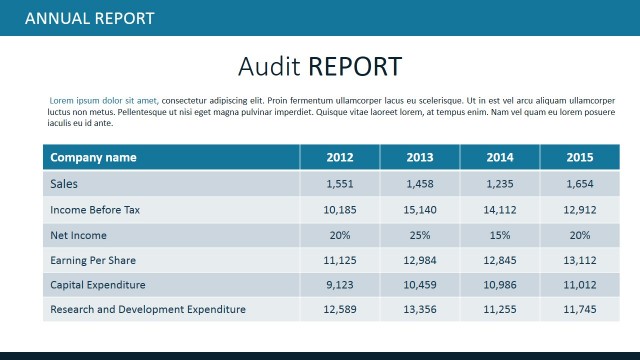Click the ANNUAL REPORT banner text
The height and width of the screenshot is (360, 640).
click(89, 18)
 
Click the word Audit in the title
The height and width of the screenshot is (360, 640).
click(269, 66)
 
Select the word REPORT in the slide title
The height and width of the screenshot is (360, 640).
click(355, 66)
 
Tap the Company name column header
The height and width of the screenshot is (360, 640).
click(93, 157)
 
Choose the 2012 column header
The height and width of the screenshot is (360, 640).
click(340, 157)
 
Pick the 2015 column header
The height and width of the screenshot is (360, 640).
click(580, 157)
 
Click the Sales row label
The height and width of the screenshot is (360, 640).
click(64, 184)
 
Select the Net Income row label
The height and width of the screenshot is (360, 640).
click(78, 235)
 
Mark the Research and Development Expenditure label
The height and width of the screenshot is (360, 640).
click(147, 309)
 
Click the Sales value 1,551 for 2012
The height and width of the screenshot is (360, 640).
click(340, 184)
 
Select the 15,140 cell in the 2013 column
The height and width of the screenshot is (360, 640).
click(420, 210)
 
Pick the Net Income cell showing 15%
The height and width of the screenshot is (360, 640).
click(500, 235)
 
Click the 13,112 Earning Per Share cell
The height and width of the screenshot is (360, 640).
click(580, 260)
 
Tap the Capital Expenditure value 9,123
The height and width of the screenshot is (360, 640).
click(340, 285)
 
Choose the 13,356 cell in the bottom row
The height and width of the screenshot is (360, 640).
click(420, 309)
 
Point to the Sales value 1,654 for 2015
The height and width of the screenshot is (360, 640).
click(580, 184)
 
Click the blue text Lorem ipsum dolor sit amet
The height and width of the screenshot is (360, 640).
click(103, 100)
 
